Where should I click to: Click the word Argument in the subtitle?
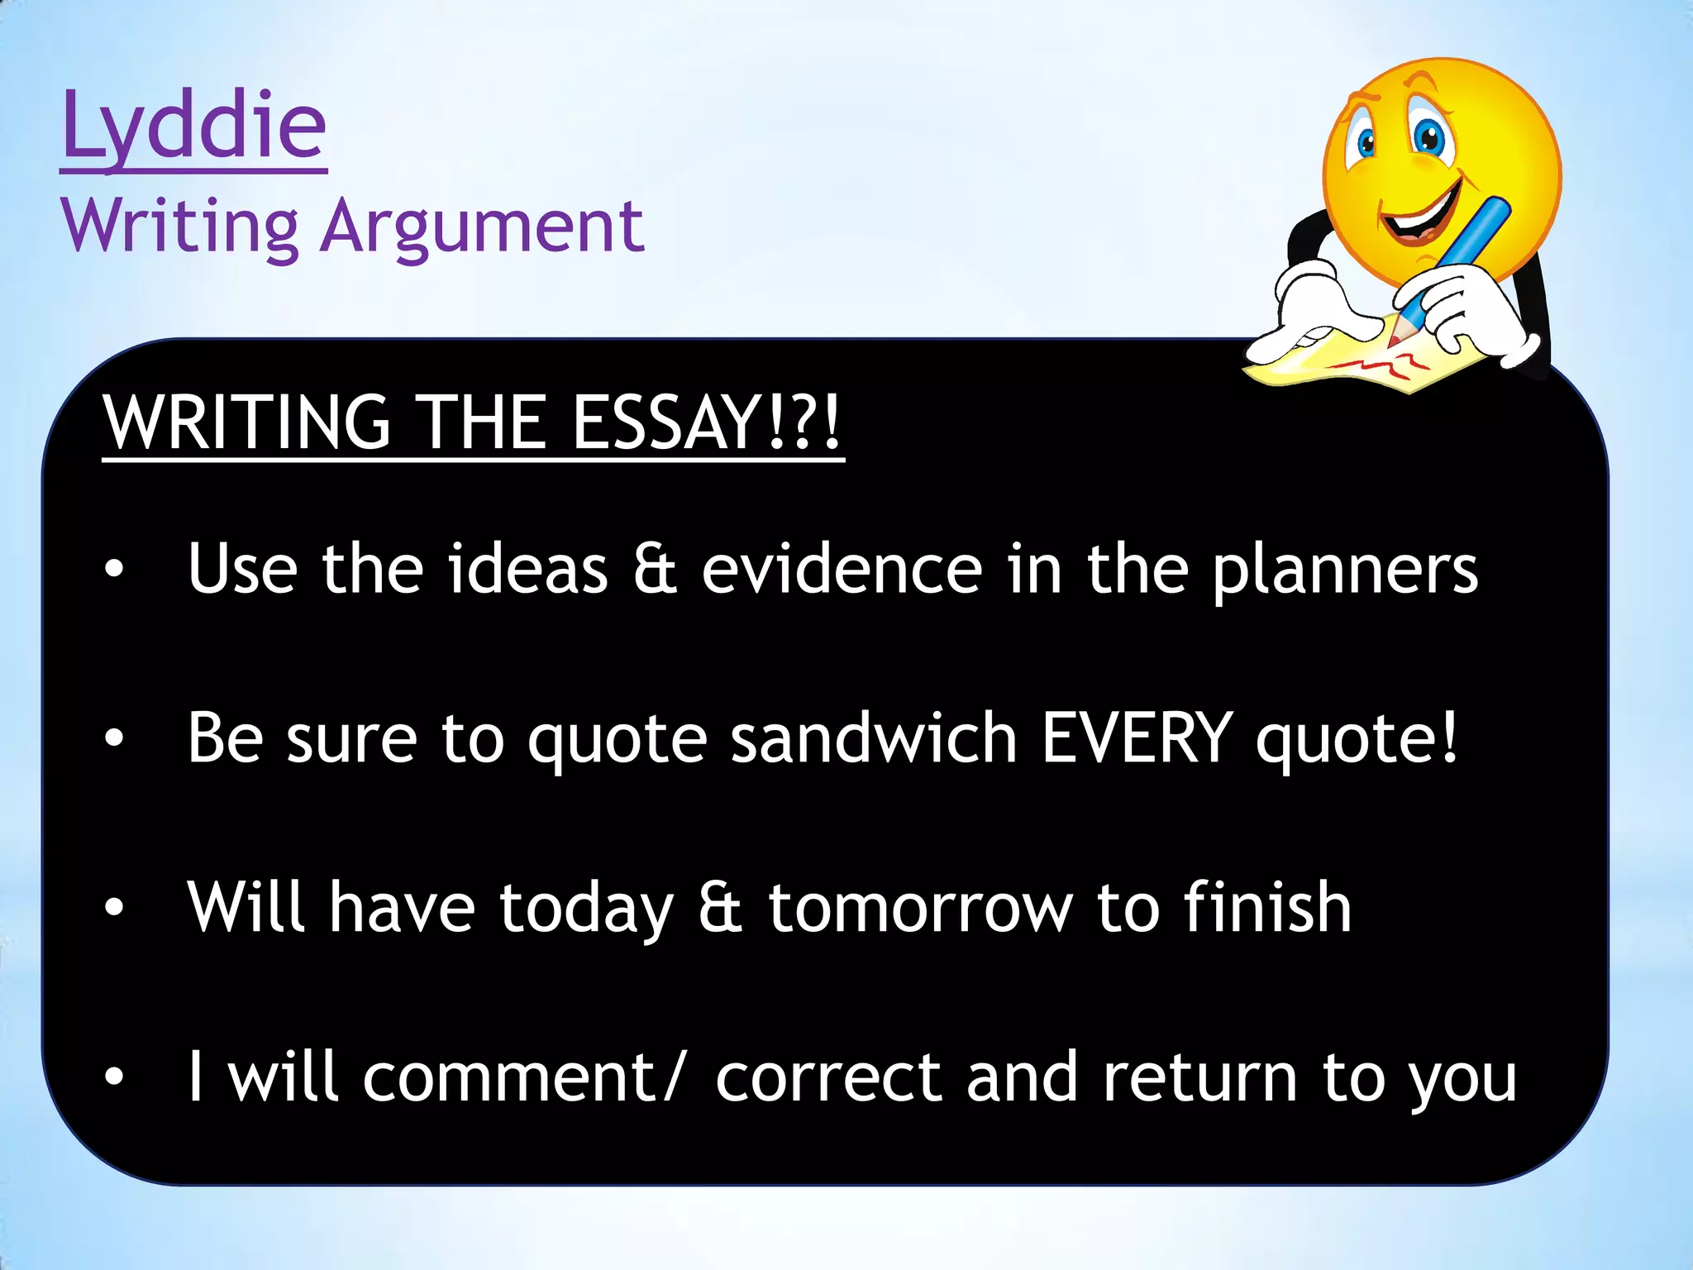pyautogui.click(x=483, y=227)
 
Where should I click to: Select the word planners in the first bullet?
pyautogui.click(x=1345, y=571)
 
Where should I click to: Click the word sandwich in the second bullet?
pyautogui.click(x=874, y=738)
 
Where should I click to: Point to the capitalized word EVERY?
pyautogui.click(x=1137, y=738)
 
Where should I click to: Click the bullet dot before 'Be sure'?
pyautogui.click(x=114, y=738)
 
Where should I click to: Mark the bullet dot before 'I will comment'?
pyautogui.click(x=114, y=1077)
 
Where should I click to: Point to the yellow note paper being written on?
pyautogui.click(x=1356, y=364)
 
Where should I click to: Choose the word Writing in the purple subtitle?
pyautogui.click(x=179, y=227)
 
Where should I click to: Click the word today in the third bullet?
pyautogui.click(x=586, y=908)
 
